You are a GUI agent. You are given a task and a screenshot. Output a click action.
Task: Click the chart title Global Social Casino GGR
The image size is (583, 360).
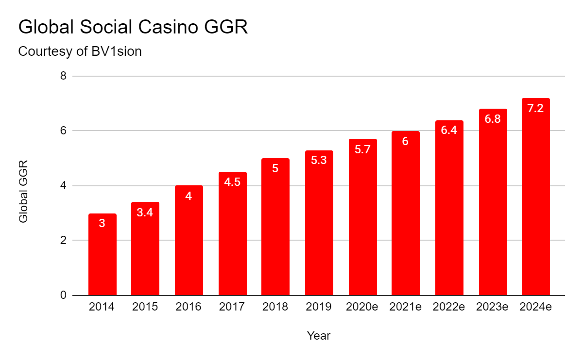pos(133,27)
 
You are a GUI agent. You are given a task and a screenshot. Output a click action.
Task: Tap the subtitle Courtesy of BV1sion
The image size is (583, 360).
pos(80,51)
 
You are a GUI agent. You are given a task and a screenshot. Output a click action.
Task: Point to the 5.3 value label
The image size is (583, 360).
pos(319,160)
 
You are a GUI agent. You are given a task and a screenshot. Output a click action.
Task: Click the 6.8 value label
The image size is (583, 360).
pos(493,119)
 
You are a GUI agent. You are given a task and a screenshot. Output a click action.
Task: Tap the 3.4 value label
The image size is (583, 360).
pos(145,212)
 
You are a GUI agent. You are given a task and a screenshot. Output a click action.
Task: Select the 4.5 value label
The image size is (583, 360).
pos(232,182)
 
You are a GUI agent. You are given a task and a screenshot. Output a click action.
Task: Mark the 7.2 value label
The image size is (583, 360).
pos(535,108)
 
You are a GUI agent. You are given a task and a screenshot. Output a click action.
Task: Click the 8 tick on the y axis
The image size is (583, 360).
pos(63,76)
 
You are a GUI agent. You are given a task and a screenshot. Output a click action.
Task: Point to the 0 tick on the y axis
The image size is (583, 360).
pos(63,295)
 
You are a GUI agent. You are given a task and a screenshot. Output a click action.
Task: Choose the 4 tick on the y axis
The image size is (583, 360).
pos(63,186)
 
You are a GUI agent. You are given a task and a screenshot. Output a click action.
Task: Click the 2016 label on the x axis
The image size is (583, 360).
pos(189,307)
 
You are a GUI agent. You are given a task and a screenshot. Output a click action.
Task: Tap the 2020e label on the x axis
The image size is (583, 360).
pos(362,307)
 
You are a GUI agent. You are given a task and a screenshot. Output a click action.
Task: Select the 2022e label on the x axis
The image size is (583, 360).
pos(449,307)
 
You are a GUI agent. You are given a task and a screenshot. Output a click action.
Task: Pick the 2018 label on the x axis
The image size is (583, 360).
pos(275,307)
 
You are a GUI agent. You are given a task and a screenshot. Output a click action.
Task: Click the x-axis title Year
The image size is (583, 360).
pos(319,336)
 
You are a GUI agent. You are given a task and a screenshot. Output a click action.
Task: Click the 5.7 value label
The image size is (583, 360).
pos(362,150)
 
